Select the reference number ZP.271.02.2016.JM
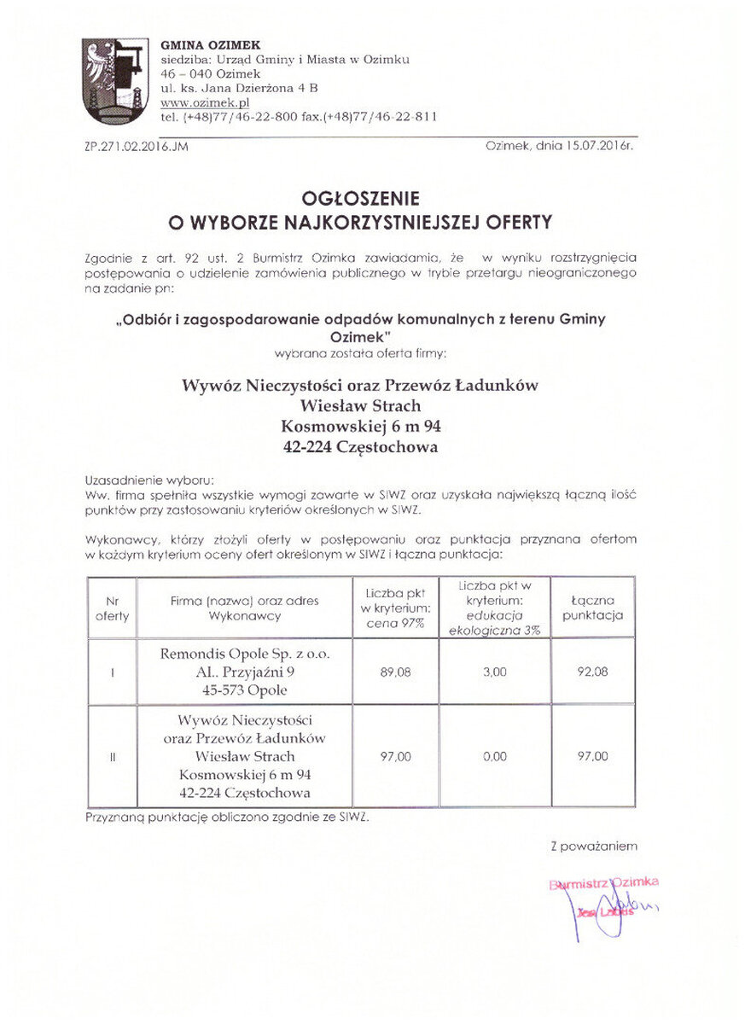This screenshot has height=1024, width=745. tap(137, 147)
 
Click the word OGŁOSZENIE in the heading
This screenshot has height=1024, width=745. tap(362, 199)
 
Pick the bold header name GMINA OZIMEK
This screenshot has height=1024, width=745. tap(211, 44)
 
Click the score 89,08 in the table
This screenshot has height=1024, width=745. tap(395, 672)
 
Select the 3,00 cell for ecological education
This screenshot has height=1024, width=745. tap(494, 672)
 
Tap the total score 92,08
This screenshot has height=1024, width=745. tap(592, 672)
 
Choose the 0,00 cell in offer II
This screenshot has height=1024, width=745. tap(494, 756)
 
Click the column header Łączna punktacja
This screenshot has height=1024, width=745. tap(592, 608)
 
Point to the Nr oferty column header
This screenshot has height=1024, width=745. tap(112, 608)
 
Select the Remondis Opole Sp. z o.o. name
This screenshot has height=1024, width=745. tap(244, 655)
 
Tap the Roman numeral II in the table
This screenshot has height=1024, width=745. tap(112, 756)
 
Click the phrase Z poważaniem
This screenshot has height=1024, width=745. tap(594, 847)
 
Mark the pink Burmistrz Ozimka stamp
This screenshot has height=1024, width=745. tap(604, 884)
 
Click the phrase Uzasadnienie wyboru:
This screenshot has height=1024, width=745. tap(149, 480)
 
